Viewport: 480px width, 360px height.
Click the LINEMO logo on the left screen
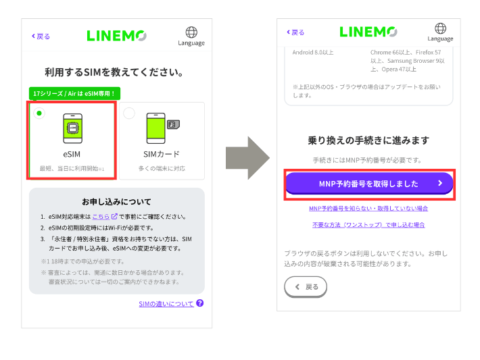(117, 36)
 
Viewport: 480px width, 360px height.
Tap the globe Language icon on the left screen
(191, 36)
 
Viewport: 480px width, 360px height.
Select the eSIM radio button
(39, 113)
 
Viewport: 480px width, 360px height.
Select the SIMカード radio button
(129, 113)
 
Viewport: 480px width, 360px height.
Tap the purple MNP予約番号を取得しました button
(368, 183)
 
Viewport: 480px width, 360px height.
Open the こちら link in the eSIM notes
(101, 216)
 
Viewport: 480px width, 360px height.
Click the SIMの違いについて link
(166, 304)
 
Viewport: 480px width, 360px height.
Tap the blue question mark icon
(200, 304)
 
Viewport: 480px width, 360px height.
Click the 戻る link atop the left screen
(40, 36)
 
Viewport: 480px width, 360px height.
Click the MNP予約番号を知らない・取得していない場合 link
(368, 209)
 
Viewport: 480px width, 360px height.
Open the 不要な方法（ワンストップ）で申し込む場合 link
(368, 224)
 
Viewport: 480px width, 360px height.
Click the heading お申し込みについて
(116, 201)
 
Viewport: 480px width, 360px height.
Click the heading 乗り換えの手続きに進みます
(368, 140)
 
